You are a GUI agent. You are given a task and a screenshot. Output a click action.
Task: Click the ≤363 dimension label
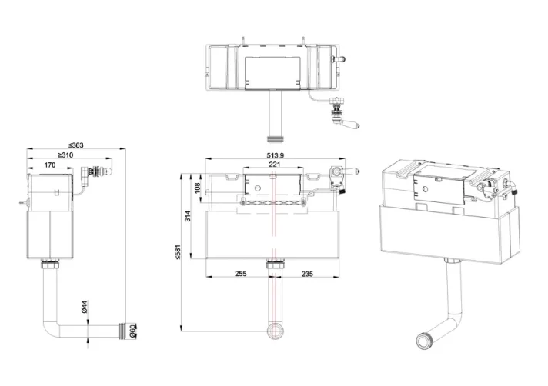point(75,145)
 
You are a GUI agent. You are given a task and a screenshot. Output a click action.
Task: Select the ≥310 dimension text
point(65,155)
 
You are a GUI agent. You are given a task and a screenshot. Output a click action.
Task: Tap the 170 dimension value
point(49,165)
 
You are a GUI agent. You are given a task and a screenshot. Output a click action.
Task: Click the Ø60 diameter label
point(133,331)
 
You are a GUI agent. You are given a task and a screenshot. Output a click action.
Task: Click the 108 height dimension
point(197,187)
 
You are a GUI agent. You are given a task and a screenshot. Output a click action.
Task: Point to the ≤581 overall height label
point(176,251)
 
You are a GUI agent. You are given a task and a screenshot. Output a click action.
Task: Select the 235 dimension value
point(307,273)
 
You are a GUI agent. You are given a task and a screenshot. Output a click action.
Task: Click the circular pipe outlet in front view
point(273,331)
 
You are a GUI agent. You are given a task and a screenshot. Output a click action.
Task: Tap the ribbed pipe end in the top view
point(273,140)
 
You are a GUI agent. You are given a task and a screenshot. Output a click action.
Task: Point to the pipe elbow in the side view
point(48,327)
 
